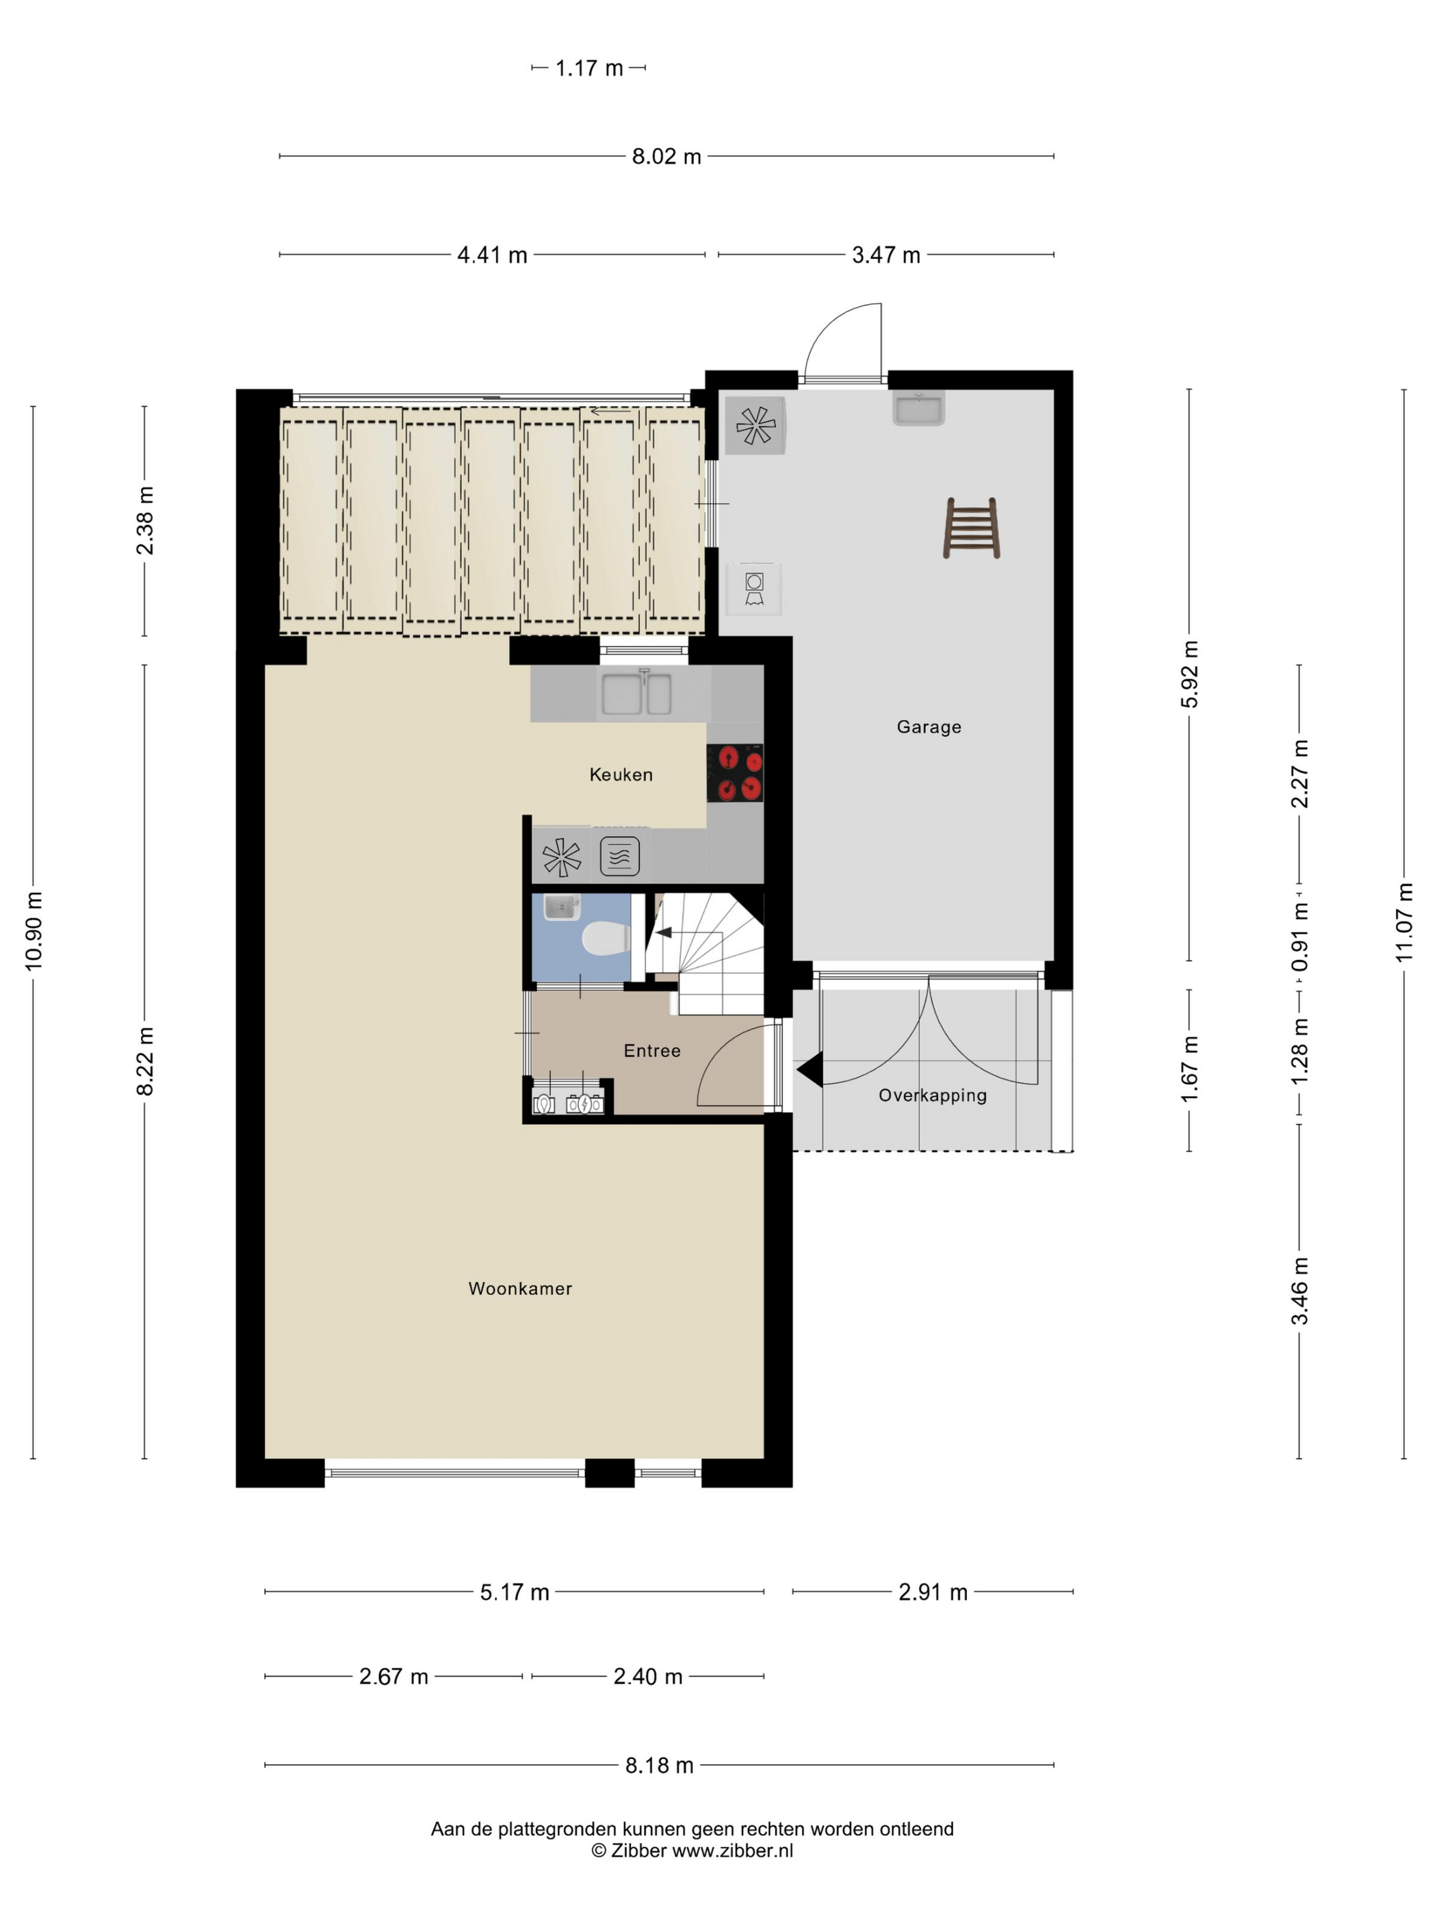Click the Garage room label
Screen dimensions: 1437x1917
[x=929, y=727]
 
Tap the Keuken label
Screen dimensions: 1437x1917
[x=621, y=775]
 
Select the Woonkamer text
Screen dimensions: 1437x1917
[x=519, y=1288]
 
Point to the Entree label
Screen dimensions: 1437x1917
[x=652, y=1050]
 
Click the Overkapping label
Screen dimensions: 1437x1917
[x=933, y=1095]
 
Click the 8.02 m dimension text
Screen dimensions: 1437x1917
[x=666, y=157]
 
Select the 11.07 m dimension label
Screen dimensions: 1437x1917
[x=1404, y=922]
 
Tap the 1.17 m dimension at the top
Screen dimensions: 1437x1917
[x=589, y=68]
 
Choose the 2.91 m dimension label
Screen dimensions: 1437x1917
[x=933, y=1592]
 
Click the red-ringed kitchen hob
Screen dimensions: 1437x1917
[x=734, y=773]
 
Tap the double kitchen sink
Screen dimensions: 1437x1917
[x=636, y=694]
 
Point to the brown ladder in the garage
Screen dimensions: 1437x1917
[x=971, y=528]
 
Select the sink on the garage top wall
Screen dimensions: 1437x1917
[x=918, y=409]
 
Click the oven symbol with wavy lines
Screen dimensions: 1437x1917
[x=619, y=856]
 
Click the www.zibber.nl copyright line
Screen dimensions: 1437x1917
[x=692, y=1851]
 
